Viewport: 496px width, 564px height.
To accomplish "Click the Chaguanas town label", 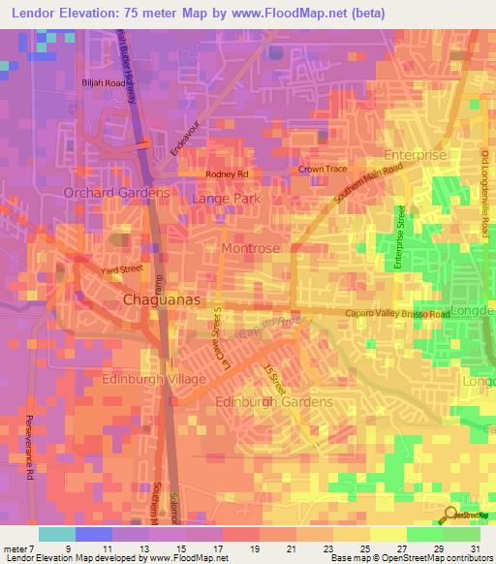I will (x=162, y=301).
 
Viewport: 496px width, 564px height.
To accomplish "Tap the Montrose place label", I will (x=250, y=248).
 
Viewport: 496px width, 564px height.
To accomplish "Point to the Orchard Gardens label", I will (x=116, y=193).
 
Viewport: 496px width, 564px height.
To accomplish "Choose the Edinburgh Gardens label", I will (x=274, y=401).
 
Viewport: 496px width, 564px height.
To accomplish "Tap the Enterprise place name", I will (x=415, y=155).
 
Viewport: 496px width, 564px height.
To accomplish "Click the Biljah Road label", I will (x=104, y=84).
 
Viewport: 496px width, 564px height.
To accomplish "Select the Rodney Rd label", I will (x=227, y=174).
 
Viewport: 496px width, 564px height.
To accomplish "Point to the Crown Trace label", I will (x=323, y=169).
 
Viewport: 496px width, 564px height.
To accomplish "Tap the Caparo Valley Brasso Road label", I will (x=398, y=315).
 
